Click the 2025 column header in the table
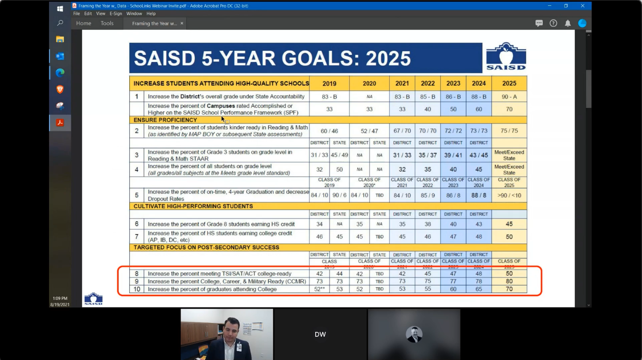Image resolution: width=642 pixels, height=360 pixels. pos(509,83)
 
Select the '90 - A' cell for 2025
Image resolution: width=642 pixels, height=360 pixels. pos(509,96)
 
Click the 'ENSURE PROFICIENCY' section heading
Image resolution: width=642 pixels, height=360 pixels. pos(165,120)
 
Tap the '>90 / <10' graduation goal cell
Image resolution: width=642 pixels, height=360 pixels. pos(509,195)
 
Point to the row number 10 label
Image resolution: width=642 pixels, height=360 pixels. pos(136,289)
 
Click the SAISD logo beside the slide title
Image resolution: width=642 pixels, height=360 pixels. pos(506,57)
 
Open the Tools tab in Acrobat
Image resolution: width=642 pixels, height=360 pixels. pos(107,23)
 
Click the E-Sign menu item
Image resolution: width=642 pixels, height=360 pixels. pos(115,14)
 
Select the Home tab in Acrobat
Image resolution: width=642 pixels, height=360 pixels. pos(83,23)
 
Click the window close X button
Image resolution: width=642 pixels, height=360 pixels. pos(582,6)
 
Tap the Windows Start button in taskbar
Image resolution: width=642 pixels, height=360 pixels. pos(60,8)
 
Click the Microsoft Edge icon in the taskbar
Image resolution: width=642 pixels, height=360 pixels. pos(60,73)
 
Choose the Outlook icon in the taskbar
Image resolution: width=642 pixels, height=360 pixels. pos(60,56)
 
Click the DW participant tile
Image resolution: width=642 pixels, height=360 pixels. pos(320,334)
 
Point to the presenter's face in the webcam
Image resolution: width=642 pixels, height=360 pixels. pos(231,329)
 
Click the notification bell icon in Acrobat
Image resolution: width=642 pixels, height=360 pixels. pos(568,23)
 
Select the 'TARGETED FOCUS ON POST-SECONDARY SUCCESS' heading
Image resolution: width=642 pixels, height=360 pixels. pos(206,248)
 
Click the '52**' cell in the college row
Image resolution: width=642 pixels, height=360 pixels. pos(319,289)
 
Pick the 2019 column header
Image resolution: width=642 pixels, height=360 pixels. pos(329,83)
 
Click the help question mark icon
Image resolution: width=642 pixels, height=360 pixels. pos(553,23)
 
